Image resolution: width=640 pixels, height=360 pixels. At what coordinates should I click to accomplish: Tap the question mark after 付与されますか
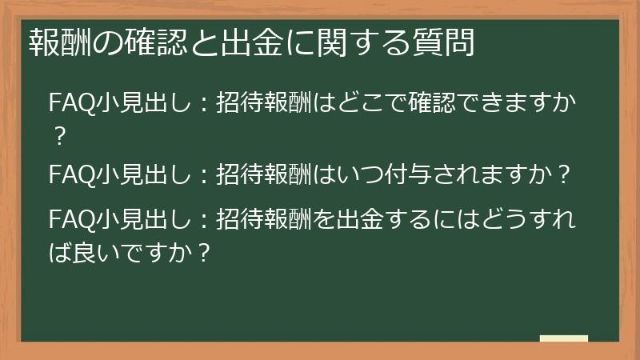(564, 174)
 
